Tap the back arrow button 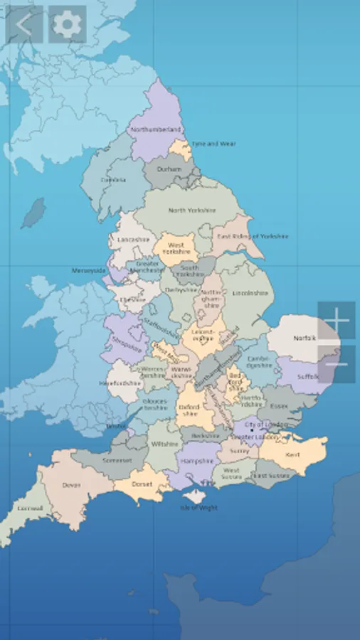click(x=24, y=25)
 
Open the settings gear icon click(x=68, y=25)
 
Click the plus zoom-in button click(x=337, y=321)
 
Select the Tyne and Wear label click(x=214, y=144)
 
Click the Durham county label click(x=169, y=170)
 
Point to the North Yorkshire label click(x=191, y=210)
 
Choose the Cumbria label click(x=112, y=180)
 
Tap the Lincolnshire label click(x=251, y=293)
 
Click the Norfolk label click(x=304, y=338)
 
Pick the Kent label click(x=292, y=454)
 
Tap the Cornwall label click(x=30, y=508)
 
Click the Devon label click(x=71, y=485)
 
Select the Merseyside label click(x=88, y=271)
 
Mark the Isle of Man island click(x=33, y=213)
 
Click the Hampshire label click(x=196, y=461)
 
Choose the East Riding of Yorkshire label click(x=253, y=236)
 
